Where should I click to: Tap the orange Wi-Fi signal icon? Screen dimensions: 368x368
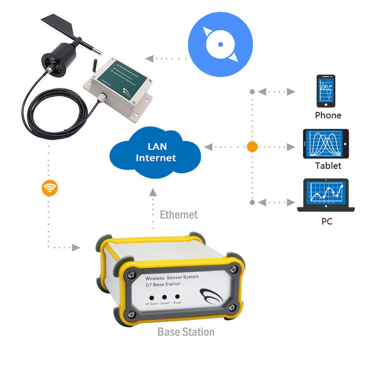(50, 188)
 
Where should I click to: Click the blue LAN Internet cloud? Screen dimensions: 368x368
(156, 152)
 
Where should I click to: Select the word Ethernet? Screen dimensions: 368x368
(179, 214)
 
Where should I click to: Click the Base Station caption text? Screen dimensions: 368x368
(185, 332)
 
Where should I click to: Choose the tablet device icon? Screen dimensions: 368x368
(326, 143)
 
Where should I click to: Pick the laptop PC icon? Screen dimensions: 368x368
(326, 195)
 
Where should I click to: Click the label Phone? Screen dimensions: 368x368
(328, 116)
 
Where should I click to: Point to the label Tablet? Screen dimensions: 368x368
(328, 166)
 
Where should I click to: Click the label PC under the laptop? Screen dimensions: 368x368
(327, 221)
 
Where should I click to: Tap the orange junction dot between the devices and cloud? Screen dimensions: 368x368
(252, 146)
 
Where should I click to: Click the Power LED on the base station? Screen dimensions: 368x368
(177, 297)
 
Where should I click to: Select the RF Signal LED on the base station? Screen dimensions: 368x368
(153, 297)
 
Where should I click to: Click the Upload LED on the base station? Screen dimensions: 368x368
(164, 297)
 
